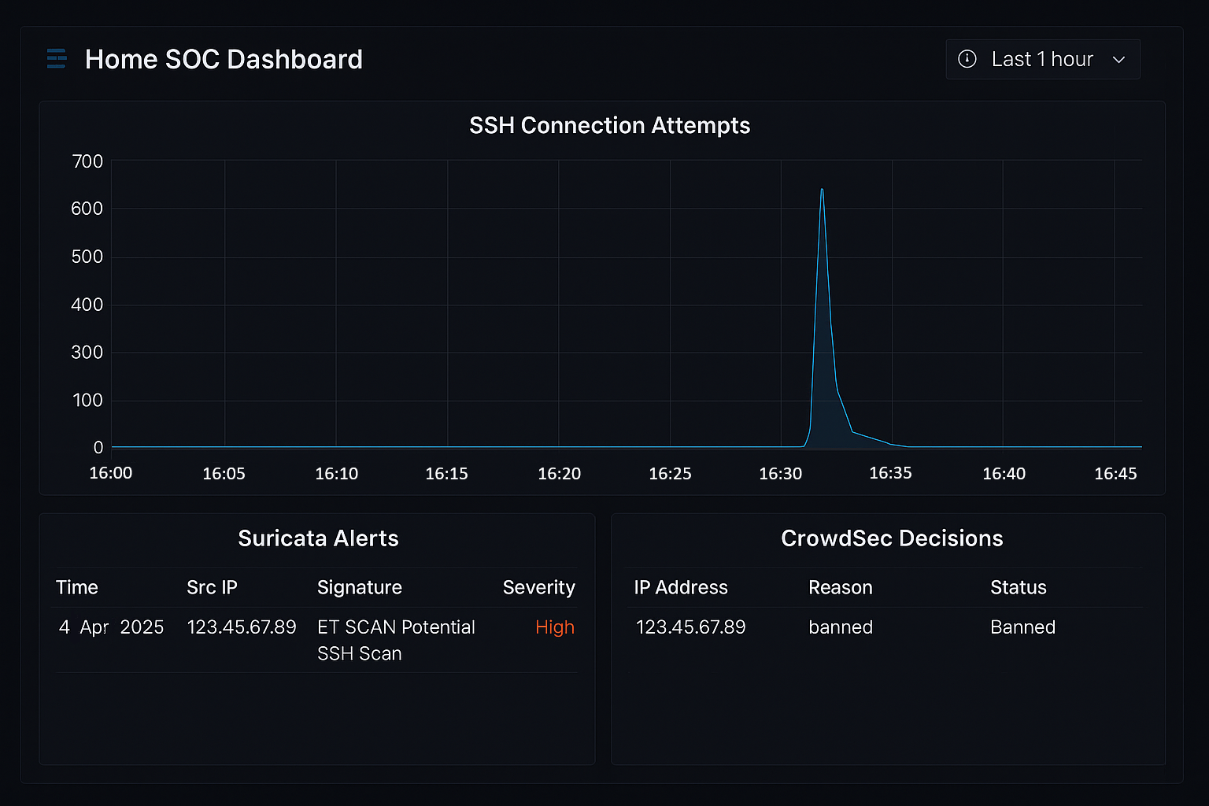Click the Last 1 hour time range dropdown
(x=1042, y=59)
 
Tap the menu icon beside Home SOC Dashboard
(x=57, y=59)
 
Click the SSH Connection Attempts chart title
(x=609, y=125)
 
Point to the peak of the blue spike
(x=822, y=190)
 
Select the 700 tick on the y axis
(x=87, y=161)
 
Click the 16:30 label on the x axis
(x=780, y=473)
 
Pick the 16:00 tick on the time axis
(x=111, y=473)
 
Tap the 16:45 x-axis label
(x=1115, y=473)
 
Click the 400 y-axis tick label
(x=87, y=305)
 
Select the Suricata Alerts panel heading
(x=318, y=538)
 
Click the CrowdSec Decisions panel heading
(x=892, y=538)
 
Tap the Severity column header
(x=538, y=587)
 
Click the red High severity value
(x=555, y=627)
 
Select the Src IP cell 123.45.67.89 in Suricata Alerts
(x=242, y=627)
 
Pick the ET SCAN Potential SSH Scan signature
(x=396, y=640)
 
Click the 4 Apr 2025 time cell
(x=111, y=627)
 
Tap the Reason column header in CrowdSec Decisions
(x=840, y=587)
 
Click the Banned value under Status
(x=1022, y=627)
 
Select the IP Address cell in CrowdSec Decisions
(x=690, y=627)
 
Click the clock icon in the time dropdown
(x=967, y=59)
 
